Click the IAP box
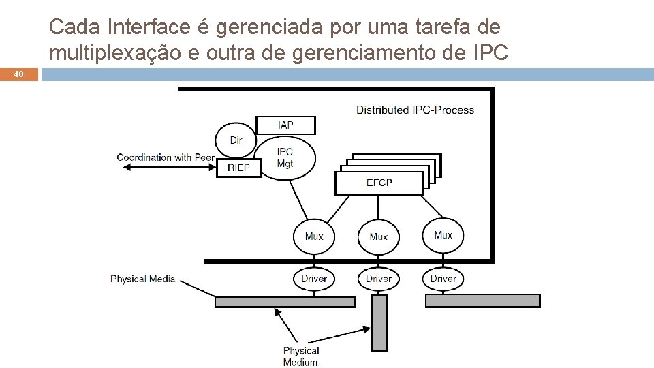pyautogui.click(x=285, y=125)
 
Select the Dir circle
pyautogui.click(x=236, y=140)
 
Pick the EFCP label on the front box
pyautogui.click(x=379, y=183)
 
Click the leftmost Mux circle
pyautogui.click(x=314, y=236)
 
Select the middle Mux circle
pyautogui.click(x=378, y=236)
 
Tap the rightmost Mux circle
pyautogui.click(x=443, y=235)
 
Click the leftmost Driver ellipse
pyautogui.click(x=314, y=278)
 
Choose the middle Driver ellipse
pyautogui.click(x=378, y=278)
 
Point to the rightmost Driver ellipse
pyautogui.click(x=443, y=278)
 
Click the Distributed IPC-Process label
pyautogui.click(x=415, y=110)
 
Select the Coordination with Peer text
pyautogui.click(x=166, y=157)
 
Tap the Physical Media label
pyautogui.click(x=142, y=279)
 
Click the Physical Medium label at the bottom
pyautogui.click(x=300, y=356)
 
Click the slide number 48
pyautogui.click(x=18, y=75)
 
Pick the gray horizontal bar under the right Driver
pyautogui.click(x=482, y=301)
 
